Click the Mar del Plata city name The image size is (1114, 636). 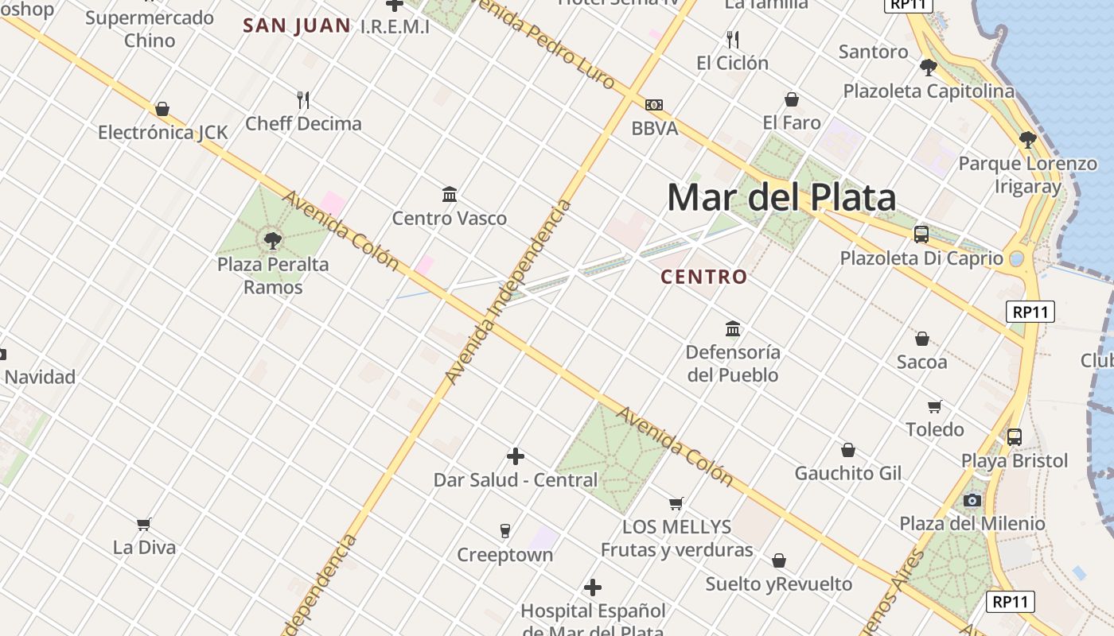point(781,197)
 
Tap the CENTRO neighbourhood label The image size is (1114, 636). point(704,277)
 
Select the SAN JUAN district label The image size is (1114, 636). point(297,25)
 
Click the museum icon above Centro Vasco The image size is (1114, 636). point(450,194)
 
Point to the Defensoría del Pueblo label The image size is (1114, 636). point(733,363)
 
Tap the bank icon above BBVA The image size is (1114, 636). point(654,105)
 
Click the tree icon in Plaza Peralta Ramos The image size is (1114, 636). point(273,239)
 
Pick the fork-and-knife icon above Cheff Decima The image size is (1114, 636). point(303,100)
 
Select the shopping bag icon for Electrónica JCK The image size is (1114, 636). point(162,108)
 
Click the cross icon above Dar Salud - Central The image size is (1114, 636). point(516,456)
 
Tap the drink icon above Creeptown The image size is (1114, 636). point(504,530)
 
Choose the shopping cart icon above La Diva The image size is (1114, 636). point(144,524)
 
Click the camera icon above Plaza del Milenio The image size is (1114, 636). point(972,500)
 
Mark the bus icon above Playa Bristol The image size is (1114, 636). point(1015,436)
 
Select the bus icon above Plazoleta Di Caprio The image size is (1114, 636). point(921,235)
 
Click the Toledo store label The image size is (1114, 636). point(935,429)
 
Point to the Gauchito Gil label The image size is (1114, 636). point(848,473)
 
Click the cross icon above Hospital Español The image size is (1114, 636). point(593,588)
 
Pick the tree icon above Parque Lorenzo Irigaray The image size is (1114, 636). point(1027,140)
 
